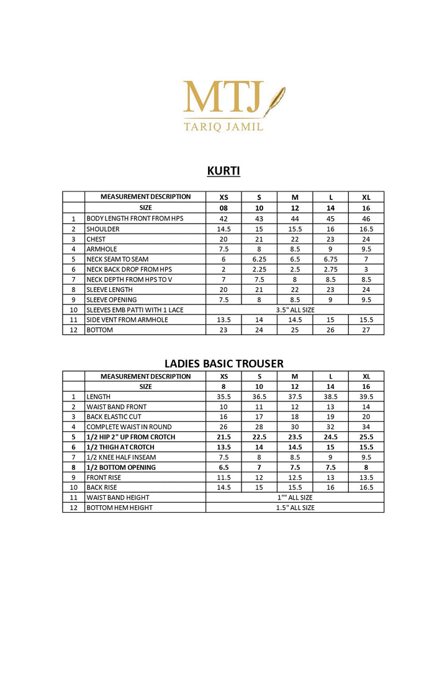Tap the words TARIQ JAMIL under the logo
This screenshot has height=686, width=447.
pyautogui.click(x=223, y=126)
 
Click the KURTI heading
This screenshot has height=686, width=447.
pyautogui.click(x=223, y=171)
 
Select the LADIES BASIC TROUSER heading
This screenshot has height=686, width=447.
pyautogui.click(x=223, y=364)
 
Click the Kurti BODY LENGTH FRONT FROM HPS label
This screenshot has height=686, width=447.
pyautogui.click(x=135, y=219)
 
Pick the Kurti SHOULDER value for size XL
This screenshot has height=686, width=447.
pyautogui.click(x=366, y=229)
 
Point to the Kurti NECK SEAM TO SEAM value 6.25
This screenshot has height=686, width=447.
pyautogui.click(x=259, y=259)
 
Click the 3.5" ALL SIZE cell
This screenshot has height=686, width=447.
pyautogui.click(x=295, y=309)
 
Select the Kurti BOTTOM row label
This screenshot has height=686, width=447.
pyautogui.click(x=100, y=330)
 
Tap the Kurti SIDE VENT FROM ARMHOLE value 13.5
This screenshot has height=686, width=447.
pyautogui.click(x=223, y=319)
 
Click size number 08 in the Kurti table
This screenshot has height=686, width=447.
pyautogui.click(x=223, y=208)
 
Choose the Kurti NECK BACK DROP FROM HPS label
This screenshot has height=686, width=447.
pyautogui.click(x=129, y=269)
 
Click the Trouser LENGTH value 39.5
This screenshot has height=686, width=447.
pyautogui.click(x=366, y=396)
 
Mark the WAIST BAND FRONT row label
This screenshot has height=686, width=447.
pyautogui.click(x=117, y=407)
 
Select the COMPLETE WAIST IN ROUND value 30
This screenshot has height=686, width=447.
pyautogui.click(x=295, y=427)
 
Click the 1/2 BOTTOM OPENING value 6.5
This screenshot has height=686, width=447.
pyautogui.click(x=223, y=467)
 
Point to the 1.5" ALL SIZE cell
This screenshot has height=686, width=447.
pyautogui.click(x=295, y=508)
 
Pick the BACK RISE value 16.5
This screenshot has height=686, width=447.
pyautogui.click(x=366, y=488)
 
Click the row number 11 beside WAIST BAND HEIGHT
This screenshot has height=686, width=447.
pyautogui.click(x=73, y=498)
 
